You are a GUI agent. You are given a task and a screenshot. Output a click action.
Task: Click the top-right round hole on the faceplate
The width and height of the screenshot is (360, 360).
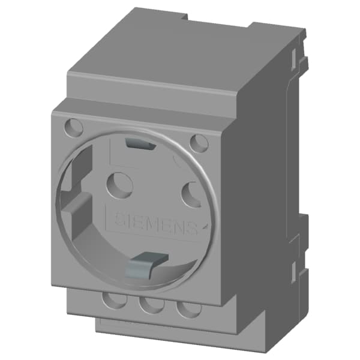tap(199, 143)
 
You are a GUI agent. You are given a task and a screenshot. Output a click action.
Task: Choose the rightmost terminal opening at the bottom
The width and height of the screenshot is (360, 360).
tap(190, 310)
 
